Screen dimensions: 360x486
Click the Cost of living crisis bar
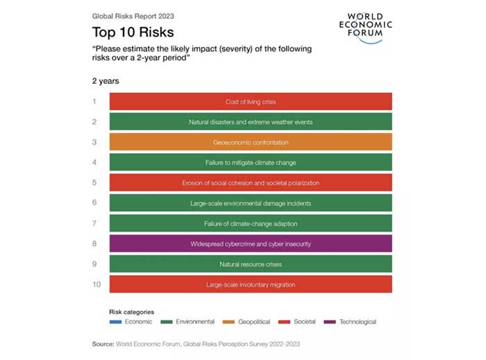[251, 101]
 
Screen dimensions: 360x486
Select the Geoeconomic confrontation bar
[251, 142]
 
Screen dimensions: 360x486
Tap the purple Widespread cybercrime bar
[251, 243]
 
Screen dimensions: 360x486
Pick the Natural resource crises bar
[251, 264]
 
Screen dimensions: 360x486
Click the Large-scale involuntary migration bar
[251, 284]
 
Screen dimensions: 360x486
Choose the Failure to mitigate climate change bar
[251, 162]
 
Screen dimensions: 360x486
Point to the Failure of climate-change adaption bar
[251, 223]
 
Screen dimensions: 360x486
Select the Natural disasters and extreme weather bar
[251, 122]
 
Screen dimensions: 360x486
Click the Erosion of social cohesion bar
[251, 182]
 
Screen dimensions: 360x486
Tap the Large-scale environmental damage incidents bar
[251, 203]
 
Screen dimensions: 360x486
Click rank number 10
[97, 284]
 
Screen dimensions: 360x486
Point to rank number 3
[94, 142]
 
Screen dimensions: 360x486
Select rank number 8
[94, 243]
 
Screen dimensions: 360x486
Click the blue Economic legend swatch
[115, 322]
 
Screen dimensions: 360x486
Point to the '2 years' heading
[106, 81]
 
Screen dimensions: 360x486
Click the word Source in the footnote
[103, 343]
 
